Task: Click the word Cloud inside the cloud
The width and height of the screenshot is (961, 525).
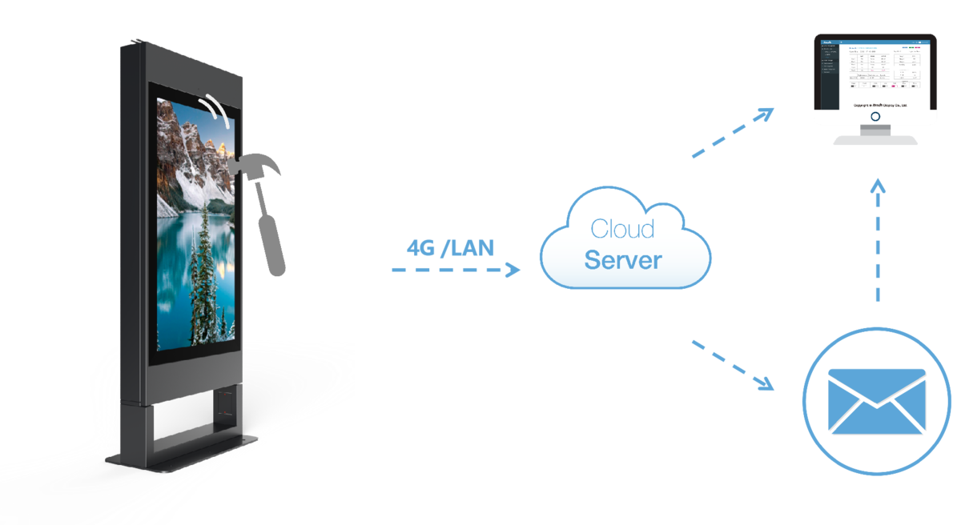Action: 622,229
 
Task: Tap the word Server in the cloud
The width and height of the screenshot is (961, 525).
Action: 623,260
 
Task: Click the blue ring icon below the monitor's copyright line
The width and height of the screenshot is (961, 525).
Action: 875,116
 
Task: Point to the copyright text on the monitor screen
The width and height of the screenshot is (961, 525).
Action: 875,104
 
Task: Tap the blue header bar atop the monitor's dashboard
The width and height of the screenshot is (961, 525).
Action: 875,42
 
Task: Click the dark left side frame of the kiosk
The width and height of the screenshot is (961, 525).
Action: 133,240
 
